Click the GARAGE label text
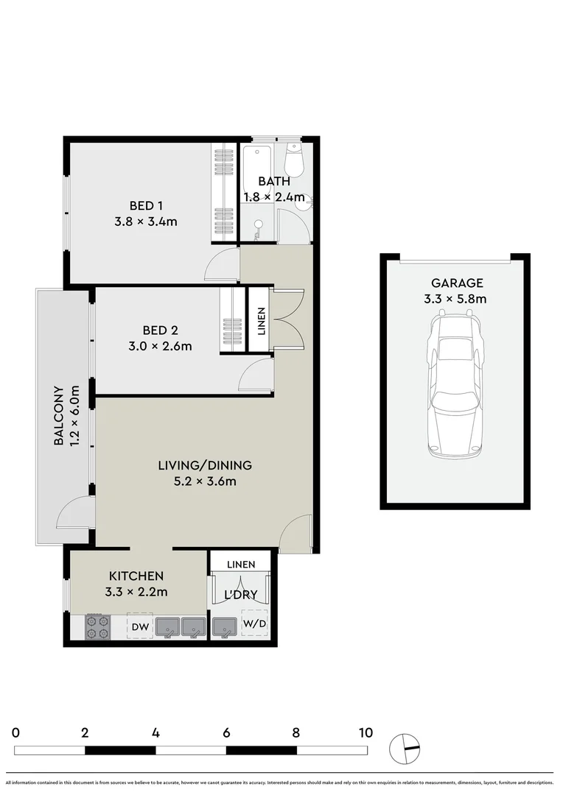457,283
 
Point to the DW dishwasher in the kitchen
140,626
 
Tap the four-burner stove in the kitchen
97,626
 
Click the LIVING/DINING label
205,465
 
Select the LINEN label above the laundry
241,565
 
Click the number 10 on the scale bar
366,732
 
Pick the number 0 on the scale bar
15,732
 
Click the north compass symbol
405,749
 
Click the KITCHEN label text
136,576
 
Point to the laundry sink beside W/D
224,627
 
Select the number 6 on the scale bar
226,732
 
